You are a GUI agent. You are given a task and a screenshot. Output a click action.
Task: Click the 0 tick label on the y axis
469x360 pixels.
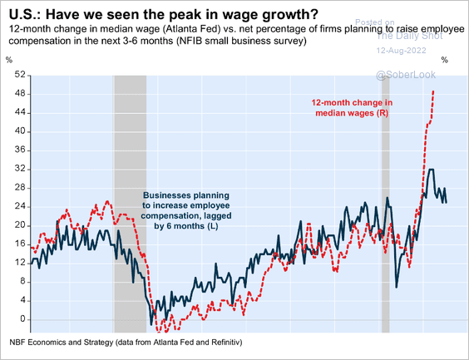point(14,318)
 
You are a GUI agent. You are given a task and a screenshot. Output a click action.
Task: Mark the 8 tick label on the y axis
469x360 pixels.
point(14,281)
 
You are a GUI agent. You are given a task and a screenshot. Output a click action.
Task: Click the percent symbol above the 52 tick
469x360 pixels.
point(9,60)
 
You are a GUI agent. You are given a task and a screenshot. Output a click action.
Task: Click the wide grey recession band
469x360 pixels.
point(129,200)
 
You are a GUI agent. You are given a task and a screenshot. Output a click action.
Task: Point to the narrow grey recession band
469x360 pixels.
point(385,200)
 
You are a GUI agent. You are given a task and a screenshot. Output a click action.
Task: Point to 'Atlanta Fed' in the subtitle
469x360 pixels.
point(195,29)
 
